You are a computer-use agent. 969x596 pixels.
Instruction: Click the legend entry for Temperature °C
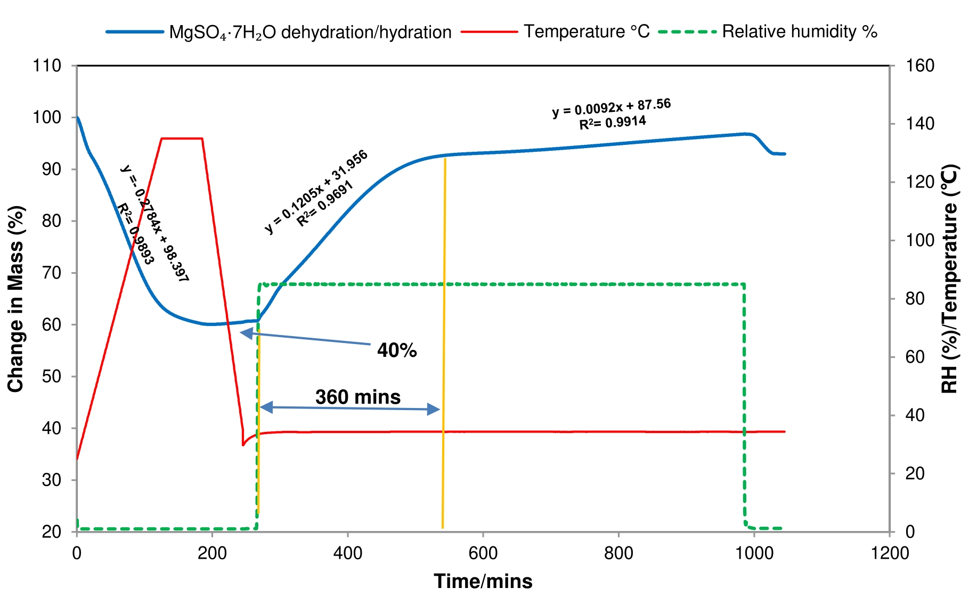coord(586,32)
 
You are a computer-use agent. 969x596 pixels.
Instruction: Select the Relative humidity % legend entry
coord(799,32)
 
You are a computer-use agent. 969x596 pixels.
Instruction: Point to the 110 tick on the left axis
coord(47,66)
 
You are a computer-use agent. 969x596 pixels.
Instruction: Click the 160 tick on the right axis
coord(920,66)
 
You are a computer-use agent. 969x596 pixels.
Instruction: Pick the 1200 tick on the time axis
coord(890,553)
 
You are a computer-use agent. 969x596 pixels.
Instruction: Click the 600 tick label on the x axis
coord(483,553)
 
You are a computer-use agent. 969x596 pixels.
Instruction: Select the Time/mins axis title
coord(483,581)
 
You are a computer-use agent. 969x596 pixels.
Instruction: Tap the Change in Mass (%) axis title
coord(16,298)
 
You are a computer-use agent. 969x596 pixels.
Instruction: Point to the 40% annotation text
coord(397,350)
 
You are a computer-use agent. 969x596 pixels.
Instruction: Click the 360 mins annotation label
coord(358,397)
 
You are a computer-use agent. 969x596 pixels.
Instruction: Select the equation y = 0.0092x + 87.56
coord(612,107)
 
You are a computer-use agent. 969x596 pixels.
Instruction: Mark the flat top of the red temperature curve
coord(182,138)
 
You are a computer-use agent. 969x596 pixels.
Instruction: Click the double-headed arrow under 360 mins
coord(350,409)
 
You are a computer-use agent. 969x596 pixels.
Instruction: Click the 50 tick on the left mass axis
coord(51,377)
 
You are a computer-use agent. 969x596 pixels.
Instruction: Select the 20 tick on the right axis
coord(915,473)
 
